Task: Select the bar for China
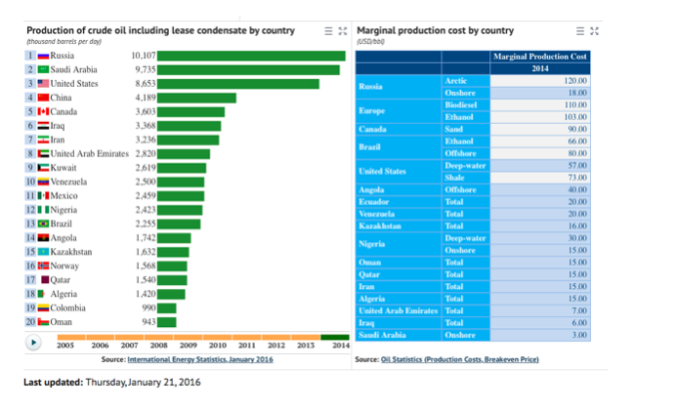click(196, 98)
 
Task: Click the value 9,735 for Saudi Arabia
click(143, 69)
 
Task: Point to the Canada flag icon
click(43, 111)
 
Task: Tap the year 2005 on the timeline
click(65, 345)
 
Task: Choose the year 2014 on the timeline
click(339, 345)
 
